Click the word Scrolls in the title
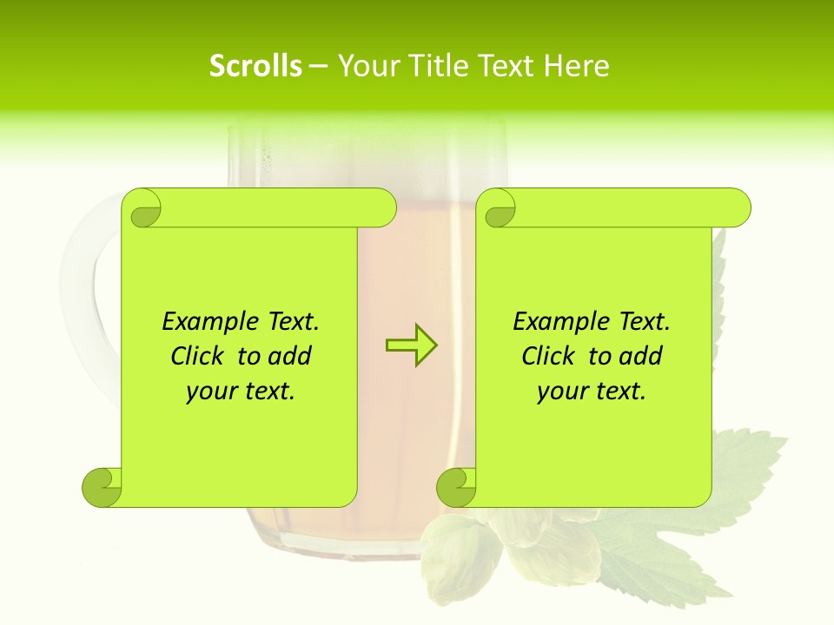[255, 66]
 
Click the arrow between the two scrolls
[411, 345]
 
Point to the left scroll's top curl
[142, 209]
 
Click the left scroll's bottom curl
[102, 487]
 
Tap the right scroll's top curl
[499, 209]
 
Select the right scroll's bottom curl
[456, 487]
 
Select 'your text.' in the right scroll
[592, 391]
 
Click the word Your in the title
[367, 66]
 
